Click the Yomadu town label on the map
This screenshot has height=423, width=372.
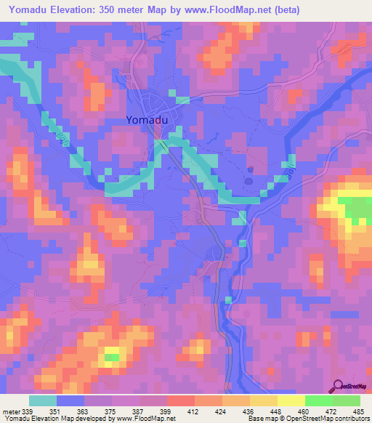[x=150, y=121]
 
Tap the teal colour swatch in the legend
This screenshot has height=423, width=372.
[x=43, y=400]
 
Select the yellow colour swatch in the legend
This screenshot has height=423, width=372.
[x=291, y=400]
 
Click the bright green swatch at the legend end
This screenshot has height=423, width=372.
[x=346, y=400]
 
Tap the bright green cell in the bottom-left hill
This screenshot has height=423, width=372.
[x=111, y=357]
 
